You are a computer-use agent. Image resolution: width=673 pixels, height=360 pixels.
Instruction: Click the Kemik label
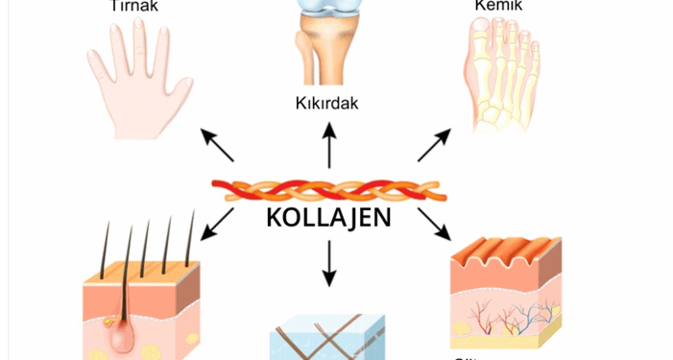(x=497, y=6)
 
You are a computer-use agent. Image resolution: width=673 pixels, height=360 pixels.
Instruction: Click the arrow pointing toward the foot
(x=433, y=145)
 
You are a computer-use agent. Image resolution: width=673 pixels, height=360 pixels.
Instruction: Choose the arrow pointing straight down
(x=330, y=263)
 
